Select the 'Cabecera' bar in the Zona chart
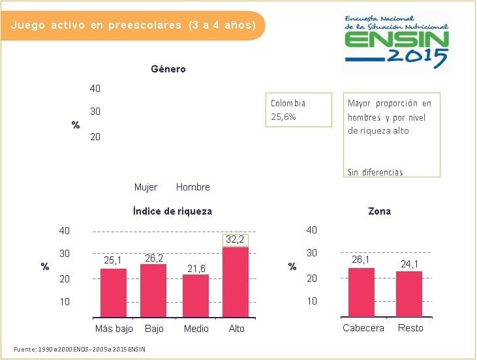(x=361, y=292)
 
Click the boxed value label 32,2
(x=235, y=240)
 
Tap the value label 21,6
(x=195, y=268)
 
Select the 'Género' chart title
(x=168, y=69)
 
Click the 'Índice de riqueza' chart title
(x=172, y=211)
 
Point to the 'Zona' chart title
(x=379, y=211)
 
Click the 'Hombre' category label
(x=193, y=187)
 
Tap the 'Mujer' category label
(x=146, y=187)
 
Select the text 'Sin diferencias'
(x=375, y=172)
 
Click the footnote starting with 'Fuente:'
(x=79, y=350)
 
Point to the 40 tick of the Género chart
(x=95, y=89)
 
